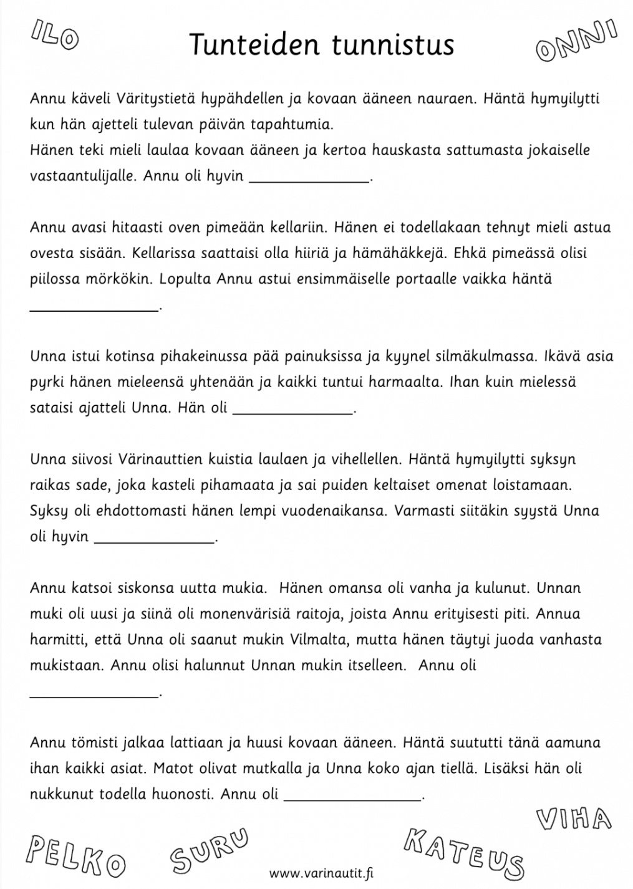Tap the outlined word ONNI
pos(577,42)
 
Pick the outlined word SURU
pos(209,851)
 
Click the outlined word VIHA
pos(573,819)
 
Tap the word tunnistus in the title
pos(393,45)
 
